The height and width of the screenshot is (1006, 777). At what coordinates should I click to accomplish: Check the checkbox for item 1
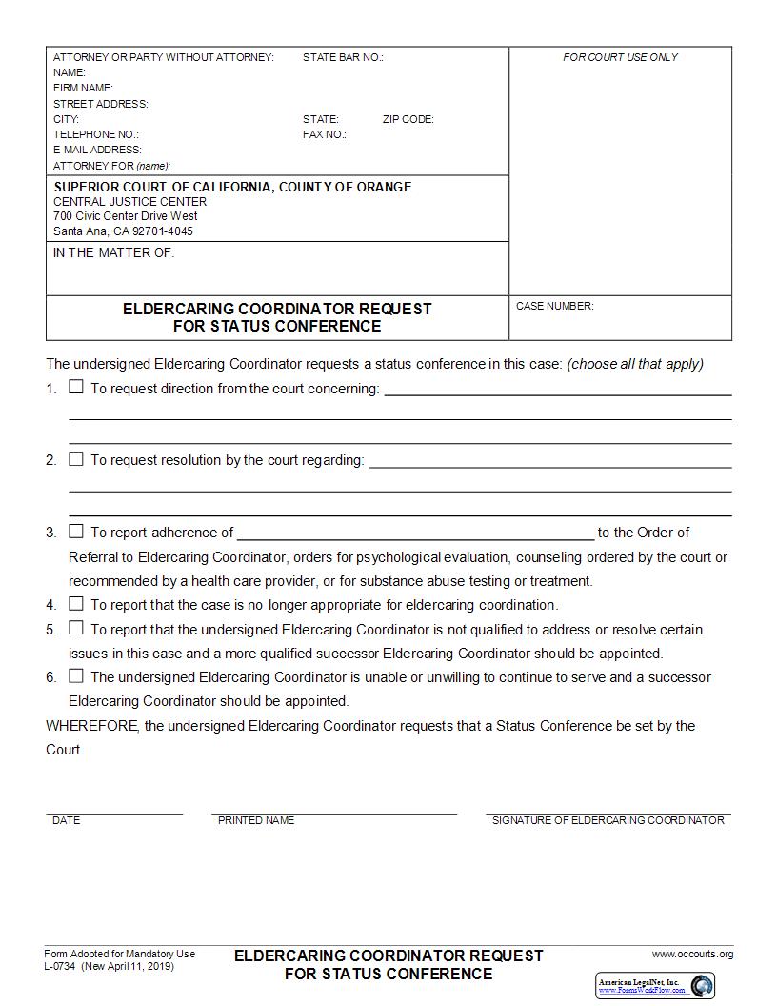click(x=76, y=387)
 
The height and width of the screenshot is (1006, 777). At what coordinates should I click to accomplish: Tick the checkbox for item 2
click(x=76, y=459)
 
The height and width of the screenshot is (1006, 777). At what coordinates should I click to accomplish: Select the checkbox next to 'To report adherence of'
click(x=76, y=532)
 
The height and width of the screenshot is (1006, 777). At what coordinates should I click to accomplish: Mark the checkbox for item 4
click(x=76, y=604)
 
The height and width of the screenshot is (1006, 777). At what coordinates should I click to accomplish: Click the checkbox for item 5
click(x=76, y=629)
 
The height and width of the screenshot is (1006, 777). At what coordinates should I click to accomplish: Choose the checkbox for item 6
click(x=76, y=676)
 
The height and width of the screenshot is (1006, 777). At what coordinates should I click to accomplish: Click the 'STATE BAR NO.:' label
click(x=343, y=57)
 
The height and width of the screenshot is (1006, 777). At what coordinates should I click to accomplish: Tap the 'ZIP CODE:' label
click(x=408, y=119)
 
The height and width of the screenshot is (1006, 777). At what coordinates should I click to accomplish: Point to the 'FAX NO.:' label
click(x=324, y=134)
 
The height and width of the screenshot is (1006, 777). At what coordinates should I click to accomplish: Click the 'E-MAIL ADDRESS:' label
click(x=97, y=150)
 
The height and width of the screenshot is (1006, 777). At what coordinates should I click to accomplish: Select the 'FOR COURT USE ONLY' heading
click(x=620, y=57)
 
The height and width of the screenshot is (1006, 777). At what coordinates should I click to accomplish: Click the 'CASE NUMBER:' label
click(x=554, y=306)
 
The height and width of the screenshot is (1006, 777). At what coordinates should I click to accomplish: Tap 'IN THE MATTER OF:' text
click(x=113, y=253)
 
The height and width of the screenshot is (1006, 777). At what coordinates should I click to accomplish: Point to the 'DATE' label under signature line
click(x=67, y=820)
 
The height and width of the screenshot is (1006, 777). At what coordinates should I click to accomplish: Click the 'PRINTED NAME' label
click(x=256, y=820)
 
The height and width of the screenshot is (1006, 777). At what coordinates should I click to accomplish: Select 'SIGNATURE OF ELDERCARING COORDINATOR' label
click(x=608, y=820)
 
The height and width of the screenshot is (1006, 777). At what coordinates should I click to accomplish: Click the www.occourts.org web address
click(x=692, y=954)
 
